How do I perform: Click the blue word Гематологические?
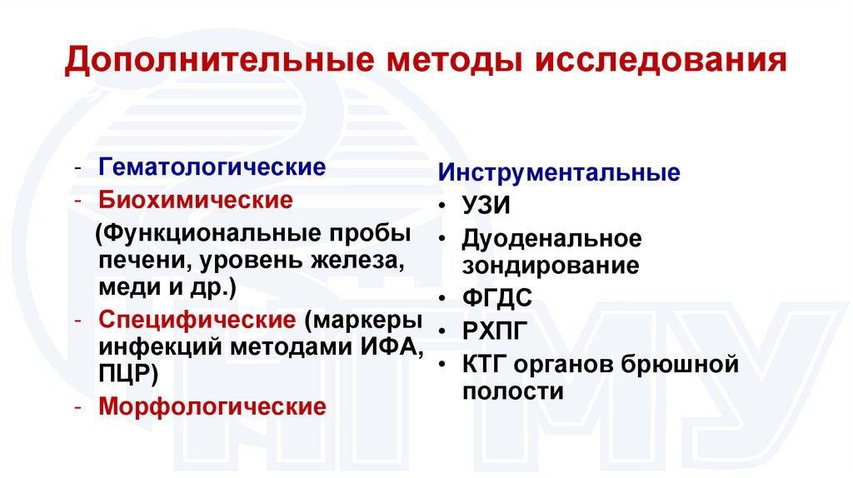(212, 167)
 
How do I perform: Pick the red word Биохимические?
(196, 201)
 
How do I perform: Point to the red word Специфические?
(197, 320)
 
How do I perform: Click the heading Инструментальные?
(560, 174)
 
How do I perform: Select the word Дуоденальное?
(553, 239)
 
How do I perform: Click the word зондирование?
(551, 266)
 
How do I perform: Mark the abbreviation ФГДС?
(497, 298)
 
